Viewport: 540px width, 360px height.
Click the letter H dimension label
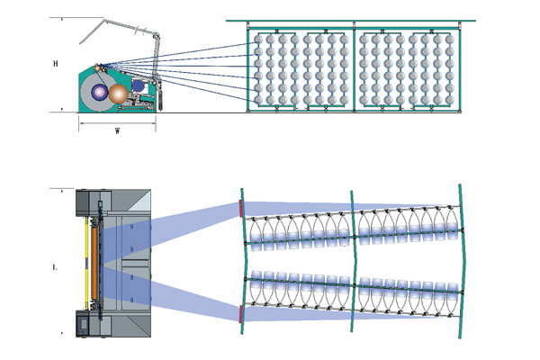pyautogui.click(x=56, y=64)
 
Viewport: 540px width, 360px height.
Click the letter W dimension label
pyautogui.click(x=118, y=131)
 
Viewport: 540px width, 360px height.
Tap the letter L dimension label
pyautogui.click(x=56, y=267)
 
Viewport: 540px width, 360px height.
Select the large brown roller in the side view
pyautogui.click(x=119, y=93)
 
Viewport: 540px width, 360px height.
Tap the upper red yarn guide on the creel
pyautogui.click(x=240, y=208)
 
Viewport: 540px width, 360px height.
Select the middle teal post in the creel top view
pyautogui.click(x=355, y=261)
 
